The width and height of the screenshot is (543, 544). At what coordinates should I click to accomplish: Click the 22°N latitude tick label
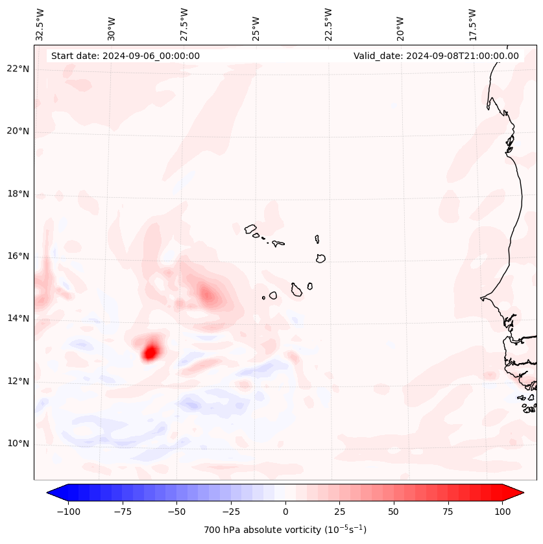pos(18,69)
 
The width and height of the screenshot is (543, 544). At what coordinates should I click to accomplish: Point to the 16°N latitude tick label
pos(18,256)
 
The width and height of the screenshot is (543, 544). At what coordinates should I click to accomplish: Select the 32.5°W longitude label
pos(40,24)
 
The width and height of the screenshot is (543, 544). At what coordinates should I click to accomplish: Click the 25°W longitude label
pos(256,24)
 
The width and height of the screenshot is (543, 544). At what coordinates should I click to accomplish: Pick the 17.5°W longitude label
pos(472,24)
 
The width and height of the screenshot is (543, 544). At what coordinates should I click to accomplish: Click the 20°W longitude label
pos(400,24)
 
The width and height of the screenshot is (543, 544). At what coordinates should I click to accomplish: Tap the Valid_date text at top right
pos(436,56)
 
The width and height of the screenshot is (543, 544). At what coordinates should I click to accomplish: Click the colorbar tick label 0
pos(285,512)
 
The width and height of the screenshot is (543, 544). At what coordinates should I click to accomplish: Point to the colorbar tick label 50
pos(393,512)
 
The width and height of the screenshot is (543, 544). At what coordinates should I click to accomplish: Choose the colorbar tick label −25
pos(230,512)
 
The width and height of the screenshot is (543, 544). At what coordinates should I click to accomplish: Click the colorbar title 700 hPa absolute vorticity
pos(285,530)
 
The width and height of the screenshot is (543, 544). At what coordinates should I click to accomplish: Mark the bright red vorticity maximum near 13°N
pos(151,353)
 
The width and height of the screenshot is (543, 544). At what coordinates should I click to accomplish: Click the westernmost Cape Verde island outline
pos(250,229)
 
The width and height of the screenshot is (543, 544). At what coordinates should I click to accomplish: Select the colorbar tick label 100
pos(501,512)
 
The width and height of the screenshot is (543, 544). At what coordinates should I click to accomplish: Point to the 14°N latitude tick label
pos(18,318)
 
